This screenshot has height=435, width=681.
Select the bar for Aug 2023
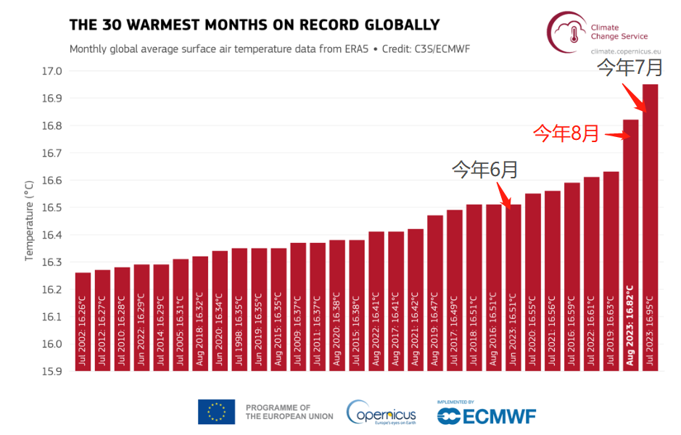click(630, 246)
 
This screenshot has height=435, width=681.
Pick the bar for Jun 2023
click(513, 290)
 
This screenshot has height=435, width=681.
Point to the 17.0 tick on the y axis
click(52, 71)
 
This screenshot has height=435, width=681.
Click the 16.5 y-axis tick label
click(52, 207)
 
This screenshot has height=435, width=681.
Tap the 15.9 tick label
click(52, 371)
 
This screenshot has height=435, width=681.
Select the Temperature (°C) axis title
click(30, 221)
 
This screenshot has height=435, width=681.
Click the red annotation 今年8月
click(566, 133)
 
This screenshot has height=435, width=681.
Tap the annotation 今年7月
click(630, 67)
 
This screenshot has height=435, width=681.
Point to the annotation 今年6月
click(484, 170)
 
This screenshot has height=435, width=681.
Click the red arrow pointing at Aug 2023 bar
click(617, 134)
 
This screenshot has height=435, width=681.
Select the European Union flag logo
click(216, 412)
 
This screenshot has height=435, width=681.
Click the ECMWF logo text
click(487, 415)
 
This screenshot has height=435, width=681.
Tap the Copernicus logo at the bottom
click(381, 413)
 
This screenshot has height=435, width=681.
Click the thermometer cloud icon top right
click(566, 31)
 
